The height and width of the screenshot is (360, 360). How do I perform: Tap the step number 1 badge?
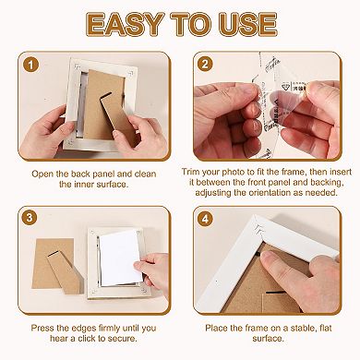(x=33, y=66)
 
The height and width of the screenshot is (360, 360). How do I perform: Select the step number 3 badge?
(x=33, y=219)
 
